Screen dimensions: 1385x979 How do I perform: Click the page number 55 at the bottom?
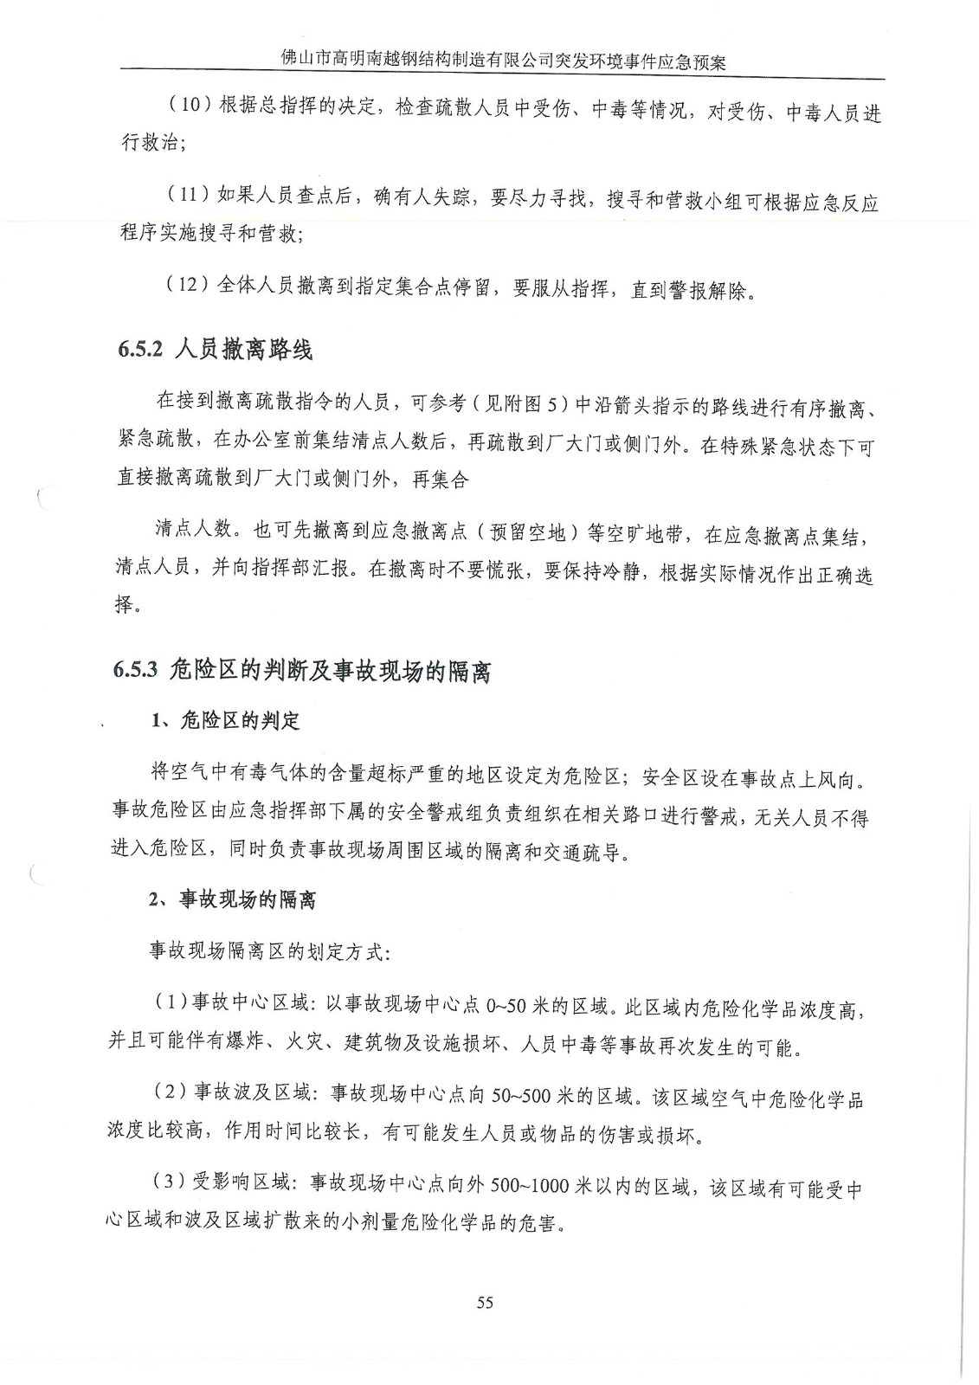(484, 1302)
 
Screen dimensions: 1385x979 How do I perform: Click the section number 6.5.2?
(140, 351)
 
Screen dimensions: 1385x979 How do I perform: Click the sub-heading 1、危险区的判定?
(224, 721)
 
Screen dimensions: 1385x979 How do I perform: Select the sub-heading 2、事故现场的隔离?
(232, 900)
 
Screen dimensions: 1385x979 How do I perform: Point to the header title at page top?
(504, 62)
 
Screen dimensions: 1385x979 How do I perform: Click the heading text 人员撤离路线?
(243, 351)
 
